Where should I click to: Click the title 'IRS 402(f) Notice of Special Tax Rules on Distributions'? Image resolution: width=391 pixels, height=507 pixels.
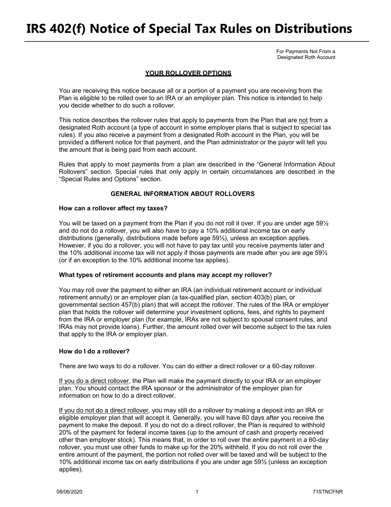tap(189, 28)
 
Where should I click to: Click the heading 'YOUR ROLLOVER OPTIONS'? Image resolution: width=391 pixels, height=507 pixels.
tap(188, 73)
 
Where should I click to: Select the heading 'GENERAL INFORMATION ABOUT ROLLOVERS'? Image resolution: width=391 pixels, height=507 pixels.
tap(182, 194)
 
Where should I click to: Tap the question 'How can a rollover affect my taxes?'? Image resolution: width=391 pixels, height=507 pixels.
tap(113, 208)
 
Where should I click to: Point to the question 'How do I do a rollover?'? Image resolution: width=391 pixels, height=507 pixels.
tap(94, 352)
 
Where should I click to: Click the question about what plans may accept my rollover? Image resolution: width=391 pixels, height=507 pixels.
tap(165, 275)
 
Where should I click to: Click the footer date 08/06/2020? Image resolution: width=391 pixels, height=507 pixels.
tap(66, 492)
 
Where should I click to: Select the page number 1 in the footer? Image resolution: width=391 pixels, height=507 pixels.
tap(197, 492)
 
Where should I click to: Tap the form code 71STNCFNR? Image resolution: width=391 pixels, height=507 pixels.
tap(328, 492)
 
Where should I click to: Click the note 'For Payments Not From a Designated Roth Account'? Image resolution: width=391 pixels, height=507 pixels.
tap(306, 54)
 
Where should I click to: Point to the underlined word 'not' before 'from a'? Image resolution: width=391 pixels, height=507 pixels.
tap(303, 120)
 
